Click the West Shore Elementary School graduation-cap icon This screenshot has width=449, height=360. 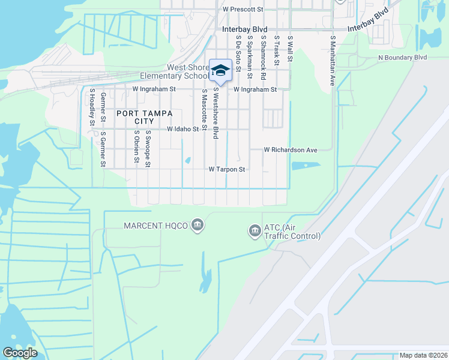220,71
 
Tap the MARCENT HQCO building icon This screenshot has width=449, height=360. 197,226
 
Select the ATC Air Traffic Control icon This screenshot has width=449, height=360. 255,230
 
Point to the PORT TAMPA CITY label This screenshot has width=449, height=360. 145,117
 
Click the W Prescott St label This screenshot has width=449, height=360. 243,10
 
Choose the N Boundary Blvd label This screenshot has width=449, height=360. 402,58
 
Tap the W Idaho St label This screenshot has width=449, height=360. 182,129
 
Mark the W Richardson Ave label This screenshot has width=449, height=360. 291,150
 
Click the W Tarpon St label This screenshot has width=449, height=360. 228,170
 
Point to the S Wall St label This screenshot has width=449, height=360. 290,47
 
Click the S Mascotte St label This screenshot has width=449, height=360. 205,110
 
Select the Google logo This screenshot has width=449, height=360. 20,353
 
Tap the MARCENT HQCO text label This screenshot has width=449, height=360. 155,226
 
